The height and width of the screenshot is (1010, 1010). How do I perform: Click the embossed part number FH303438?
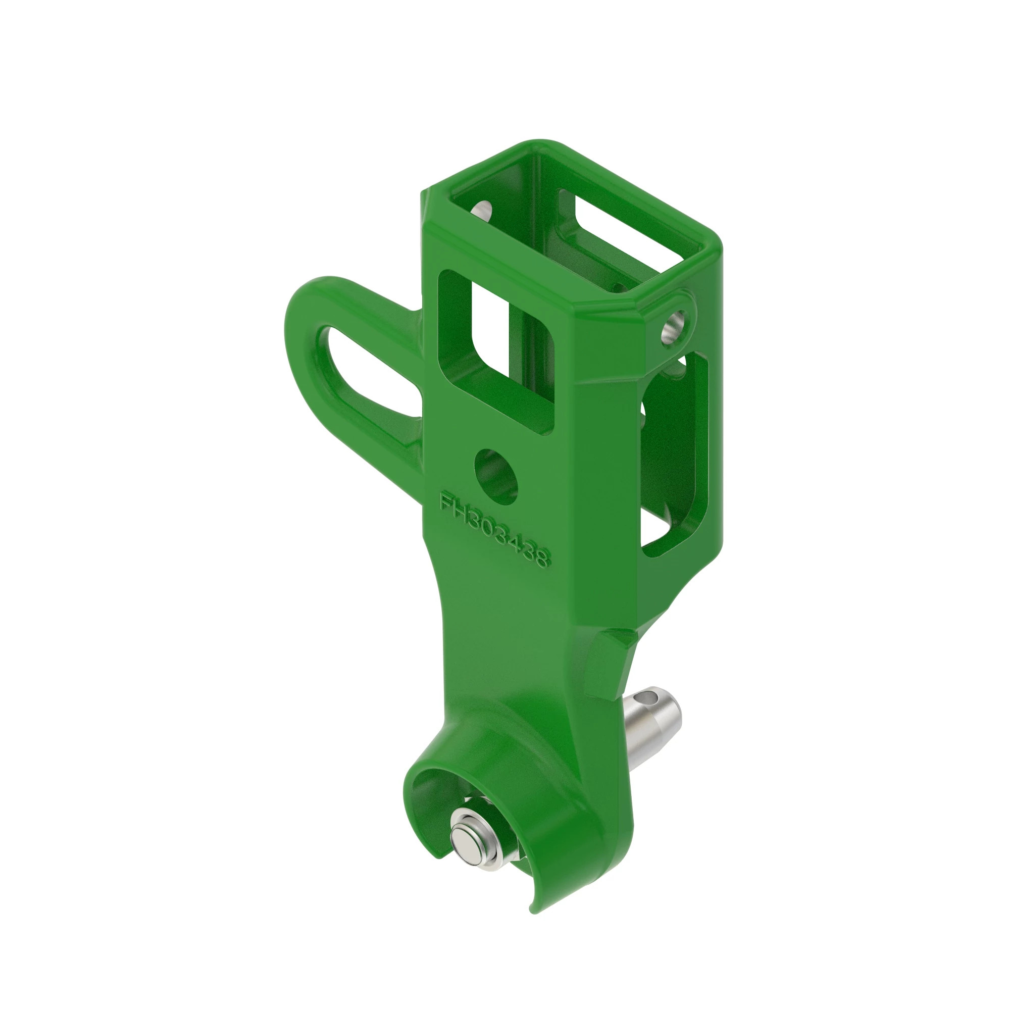click(494, 530)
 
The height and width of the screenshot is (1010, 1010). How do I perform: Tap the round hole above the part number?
click(495, 476)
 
